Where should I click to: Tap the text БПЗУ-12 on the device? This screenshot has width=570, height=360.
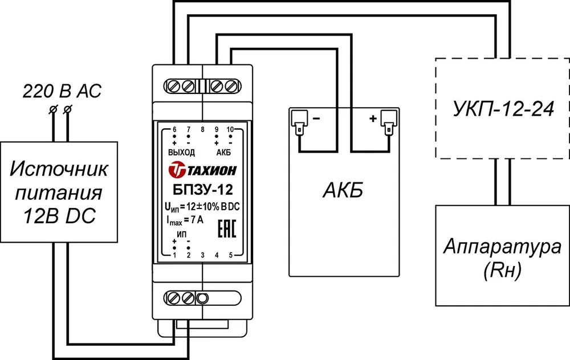(202, 190)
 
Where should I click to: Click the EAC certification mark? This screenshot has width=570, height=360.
(227, 228)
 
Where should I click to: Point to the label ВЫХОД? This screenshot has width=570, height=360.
(181, 153)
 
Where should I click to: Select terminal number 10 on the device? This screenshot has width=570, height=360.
(230, 130)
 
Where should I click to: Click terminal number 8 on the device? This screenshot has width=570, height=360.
(202, 130)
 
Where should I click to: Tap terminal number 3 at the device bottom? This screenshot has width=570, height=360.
(202, 255)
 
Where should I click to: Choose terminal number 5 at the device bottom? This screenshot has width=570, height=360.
(230, 255)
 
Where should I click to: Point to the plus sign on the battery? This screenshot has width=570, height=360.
(373, 118)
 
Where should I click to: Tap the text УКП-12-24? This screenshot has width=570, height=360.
(503, 109)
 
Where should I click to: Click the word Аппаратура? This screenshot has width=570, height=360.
(502, 248)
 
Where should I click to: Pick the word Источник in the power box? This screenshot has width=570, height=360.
(59, 169)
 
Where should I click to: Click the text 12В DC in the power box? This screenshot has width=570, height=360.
(59, 216)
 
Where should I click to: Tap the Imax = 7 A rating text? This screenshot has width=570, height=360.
(185, 220)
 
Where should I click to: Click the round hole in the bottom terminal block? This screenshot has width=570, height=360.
(202, 298)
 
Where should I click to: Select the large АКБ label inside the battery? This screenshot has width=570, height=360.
(343, 190)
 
